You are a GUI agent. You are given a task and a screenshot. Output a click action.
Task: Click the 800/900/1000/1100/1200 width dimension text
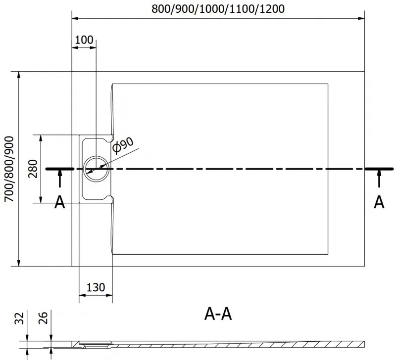tap(217, 9)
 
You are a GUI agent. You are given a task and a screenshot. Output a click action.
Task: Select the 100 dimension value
tap(84, 40)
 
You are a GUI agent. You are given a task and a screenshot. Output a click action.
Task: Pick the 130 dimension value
tap(96, 287)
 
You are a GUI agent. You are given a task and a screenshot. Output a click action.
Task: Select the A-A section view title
tap(218, 314)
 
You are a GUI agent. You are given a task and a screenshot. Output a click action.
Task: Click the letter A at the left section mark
tap(59, 202)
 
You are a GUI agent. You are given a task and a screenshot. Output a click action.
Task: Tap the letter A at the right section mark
tap(379, 202)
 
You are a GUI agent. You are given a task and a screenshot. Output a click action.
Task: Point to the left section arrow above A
tap(60, 178)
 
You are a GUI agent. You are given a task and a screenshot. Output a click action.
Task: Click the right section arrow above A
tap(379, 178)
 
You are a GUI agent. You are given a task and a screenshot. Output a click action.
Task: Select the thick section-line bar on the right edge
tap(380, 169)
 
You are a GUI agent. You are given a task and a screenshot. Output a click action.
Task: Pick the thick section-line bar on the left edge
tap(60, 169)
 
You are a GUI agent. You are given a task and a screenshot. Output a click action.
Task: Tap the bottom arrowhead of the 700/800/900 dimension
tap(19, 262)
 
